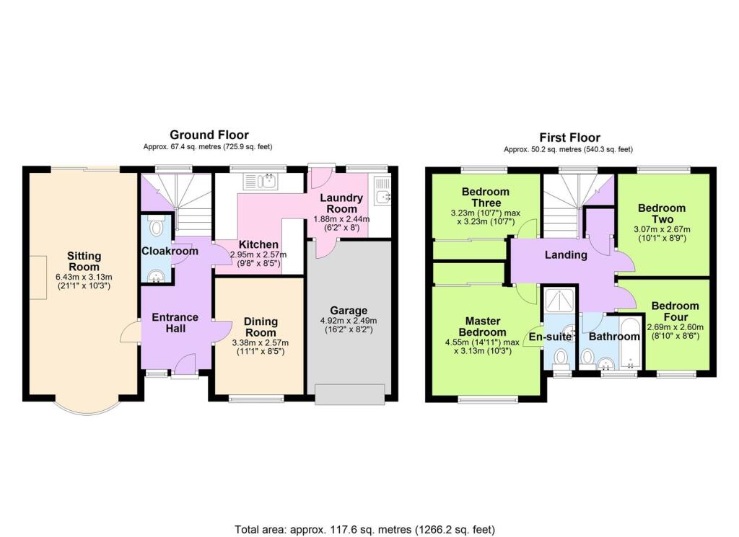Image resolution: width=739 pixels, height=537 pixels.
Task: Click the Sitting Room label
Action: (x=84, y=262)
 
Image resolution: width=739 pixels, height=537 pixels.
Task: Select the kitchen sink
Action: (x=267, y=180)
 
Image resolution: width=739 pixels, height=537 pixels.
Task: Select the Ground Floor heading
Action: (x=209, y=135)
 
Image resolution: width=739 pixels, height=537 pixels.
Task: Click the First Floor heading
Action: (x=569, y=138)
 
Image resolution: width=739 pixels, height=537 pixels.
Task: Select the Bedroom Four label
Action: (x=675, y=311)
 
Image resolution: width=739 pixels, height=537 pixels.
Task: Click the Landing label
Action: (x=565, y=254)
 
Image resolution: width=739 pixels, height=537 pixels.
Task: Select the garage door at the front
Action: (x=349, y=395)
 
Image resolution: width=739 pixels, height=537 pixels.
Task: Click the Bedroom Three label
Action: (x=485, y=198)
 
